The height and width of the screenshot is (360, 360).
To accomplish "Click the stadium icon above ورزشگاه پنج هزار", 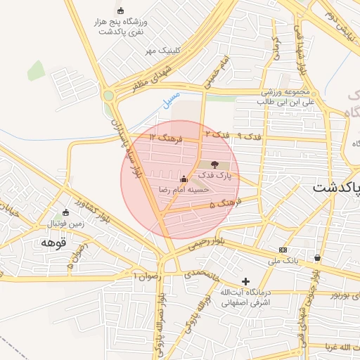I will click(x=120, y=11).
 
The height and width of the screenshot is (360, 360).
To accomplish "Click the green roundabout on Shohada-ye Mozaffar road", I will click(x=108, y=96).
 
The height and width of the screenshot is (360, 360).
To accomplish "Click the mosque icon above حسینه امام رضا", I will click(x=184, y=179).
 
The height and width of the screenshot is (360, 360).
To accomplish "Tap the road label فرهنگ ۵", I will click(x=225, y=203).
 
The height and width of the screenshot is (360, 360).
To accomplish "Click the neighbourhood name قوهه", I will click(x=53, y=243).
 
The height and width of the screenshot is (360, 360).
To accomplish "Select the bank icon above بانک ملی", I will click(x=283, y=250).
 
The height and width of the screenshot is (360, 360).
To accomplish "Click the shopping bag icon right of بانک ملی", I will click(x=318, y=257).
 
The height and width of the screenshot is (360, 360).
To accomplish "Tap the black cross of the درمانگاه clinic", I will click(x=245, y=281).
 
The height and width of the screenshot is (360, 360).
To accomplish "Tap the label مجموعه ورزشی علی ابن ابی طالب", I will click(x=268, y=97).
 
